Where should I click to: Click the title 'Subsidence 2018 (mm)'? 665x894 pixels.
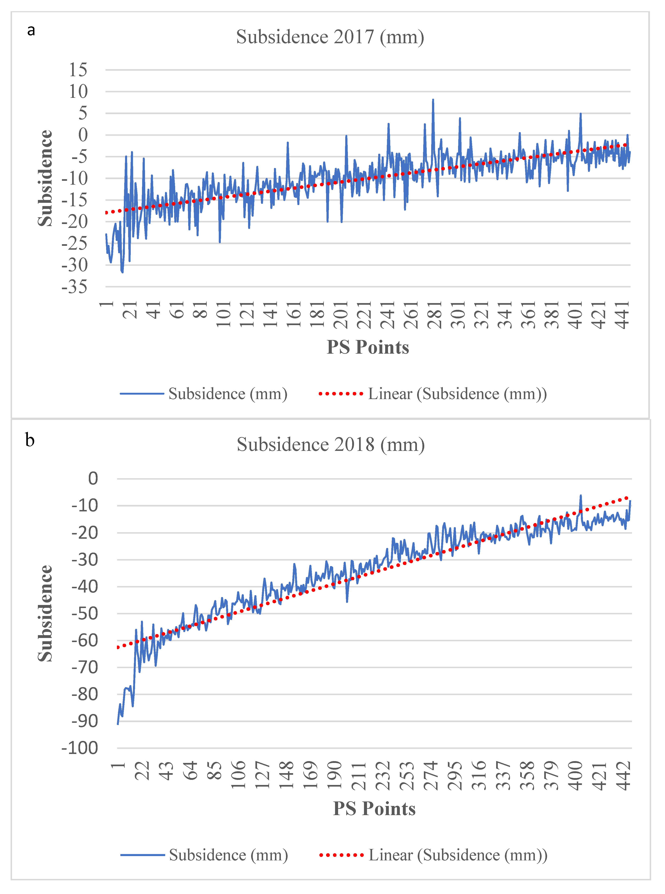click(331, 445)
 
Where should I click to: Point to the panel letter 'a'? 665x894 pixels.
click(31, 30)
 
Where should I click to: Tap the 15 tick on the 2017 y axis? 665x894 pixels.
click(78, 70)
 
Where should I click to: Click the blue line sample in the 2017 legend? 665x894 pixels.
click(142, 394)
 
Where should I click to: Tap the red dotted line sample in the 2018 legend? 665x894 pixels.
click(341, 855)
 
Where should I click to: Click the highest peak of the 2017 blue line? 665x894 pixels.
click(433, 99)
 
